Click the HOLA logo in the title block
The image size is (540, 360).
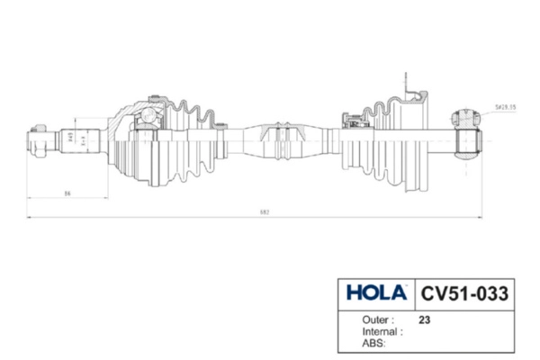tap(377, 293)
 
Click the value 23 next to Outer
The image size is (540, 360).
tap(424, 319)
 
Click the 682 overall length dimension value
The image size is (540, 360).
tap(265, 212)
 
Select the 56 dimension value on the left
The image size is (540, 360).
tap(67, 193)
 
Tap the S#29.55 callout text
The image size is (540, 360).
tap(506, 106)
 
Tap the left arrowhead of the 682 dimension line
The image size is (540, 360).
tap(29, 219)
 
